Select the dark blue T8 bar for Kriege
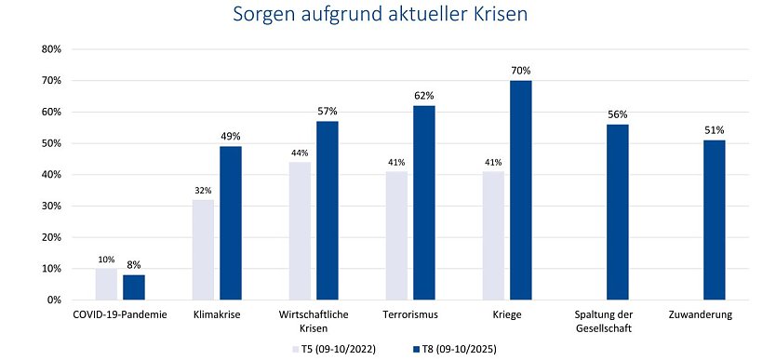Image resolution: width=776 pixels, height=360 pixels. pyautogui.click(x=521, y=190)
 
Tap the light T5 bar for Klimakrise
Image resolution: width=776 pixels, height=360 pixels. pyautogui.click(x=204, y=249)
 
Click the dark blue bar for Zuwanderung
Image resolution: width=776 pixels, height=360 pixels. pyautogui.click(x=714, y=220)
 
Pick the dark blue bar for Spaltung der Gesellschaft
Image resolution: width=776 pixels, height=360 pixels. pyautogui.click(x=618, y=212)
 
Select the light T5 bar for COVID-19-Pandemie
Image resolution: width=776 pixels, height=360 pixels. pyautogui.click(x=106, y=284)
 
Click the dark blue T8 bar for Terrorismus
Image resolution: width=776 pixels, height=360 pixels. pyautogui.click(x=424, y=203)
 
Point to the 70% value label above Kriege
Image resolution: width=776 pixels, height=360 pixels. pyautogui.click(x=521, y=71)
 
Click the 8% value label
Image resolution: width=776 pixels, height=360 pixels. pyautogui.click(x=134, y=264)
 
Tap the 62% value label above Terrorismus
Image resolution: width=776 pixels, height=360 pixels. pyautogui.click(x=424, y=96)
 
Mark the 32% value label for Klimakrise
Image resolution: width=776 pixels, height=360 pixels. pyautogui.click(x=204, y=191)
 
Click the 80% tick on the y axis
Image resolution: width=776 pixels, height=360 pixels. pyautogui.click(x=48, y=49)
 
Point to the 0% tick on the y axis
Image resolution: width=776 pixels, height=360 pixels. pyautogui.click(x=52, y=300)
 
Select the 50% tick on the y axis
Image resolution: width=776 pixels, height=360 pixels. pyautogui.click(x=48, y=143)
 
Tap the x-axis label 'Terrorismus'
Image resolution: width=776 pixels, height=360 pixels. pyautogui.click(x=409, y=315)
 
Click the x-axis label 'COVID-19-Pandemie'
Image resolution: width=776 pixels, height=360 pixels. pyautogui.click(x=120, y=315)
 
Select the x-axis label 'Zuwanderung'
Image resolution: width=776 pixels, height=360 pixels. pyautogui.click(x=701, y=315)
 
